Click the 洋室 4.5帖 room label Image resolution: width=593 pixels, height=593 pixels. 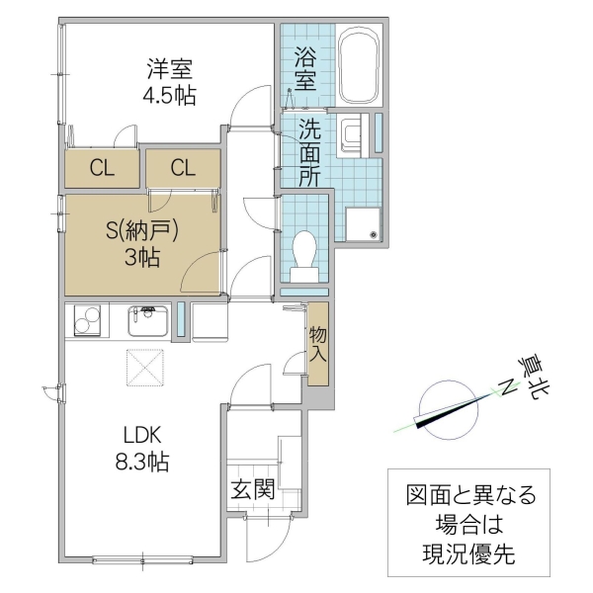(170, 82)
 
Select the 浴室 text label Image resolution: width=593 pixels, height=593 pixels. (305, 66)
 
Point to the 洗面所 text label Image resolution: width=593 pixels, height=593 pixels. (308, 153)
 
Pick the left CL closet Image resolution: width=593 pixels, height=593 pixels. (102, 168)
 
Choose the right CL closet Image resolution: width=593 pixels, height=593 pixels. (183, 168)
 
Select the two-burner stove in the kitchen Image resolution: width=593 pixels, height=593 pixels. (88, 321)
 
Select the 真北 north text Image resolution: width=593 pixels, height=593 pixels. (535, 378)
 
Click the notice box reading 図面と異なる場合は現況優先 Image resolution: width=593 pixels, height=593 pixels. (468, 526)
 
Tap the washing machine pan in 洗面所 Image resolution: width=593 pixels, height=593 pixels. (362, 224)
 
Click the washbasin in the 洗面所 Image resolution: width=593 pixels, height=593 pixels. (353, 135)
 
